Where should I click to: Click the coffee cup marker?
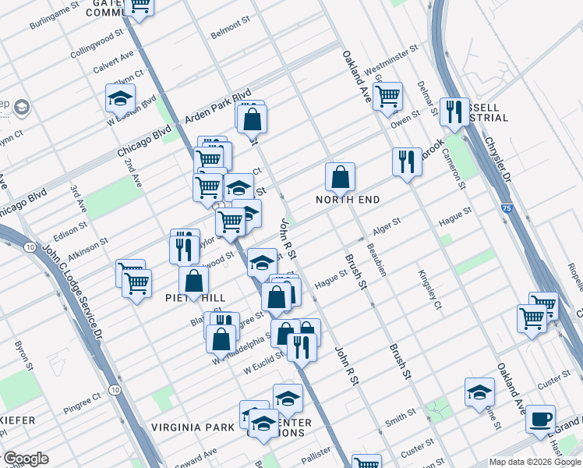[x=540, y=418]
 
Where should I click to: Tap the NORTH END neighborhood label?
[x=348, y=200]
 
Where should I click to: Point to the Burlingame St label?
[x=55, y=15]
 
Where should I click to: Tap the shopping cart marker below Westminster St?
[x=387, y=96]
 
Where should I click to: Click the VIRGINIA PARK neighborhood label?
[x=198, y=427]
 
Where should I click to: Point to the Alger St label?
[x=387, y=225]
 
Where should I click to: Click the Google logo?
[x=26, y=459]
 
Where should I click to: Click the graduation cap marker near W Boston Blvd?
[x=120, y=98]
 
